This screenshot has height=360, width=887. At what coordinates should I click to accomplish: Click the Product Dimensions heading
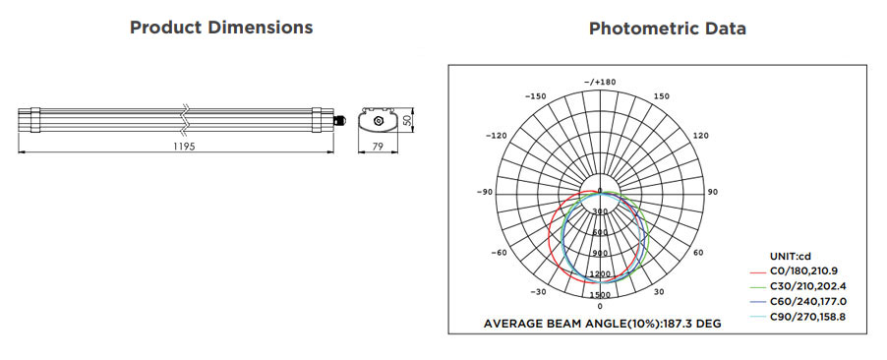221,28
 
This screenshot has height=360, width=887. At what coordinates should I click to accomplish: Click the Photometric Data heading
668,29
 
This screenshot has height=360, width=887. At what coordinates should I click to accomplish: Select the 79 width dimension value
378,147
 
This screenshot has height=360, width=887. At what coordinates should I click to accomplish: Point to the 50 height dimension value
405,120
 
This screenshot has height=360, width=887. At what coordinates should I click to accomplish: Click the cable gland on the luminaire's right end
339,120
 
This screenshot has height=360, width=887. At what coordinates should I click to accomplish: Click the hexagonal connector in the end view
378,120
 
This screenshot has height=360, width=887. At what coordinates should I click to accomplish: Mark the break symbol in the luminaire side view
184,120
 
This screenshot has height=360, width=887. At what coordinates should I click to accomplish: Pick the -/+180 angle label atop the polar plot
600,82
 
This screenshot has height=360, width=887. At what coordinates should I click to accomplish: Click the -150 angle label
535,96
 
